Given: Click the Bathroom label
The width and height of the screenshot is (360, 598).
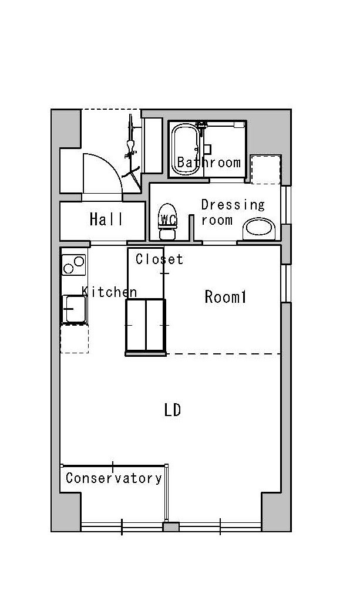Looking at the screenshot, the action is [x=209, y=163].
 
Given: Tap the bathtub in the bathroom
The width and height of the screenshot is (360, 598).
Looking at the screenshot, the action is [x=185, y=150].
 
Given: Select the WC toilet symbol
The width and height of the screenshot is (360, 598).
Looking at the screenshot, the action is [x=167, y=221].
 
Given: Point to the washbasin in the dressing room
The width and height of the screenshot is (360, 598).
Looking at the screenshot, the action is [x=259, y=228].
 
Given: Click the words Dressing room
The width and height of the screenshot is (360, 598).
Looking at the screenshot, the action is [x=233, y=212].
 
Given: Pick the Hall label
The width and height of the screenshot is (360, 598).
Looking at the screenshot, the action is [x=106, y=219].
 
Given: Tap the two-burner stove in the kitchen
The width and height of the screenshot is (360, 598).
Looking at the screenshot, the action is [x=73, y=265].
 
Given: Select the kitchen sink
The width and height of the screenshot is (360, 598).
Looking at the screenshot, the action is [x=75, y=309].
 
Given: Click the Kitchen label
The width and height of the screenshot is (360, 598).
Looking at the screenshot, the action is [x=109, y=292].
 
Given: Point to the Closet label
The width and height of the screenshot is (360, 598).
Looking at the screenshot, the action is [x=159, y=259].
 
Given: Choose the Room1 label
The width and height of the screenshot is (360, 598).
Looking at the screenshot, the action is [x=226, y=297].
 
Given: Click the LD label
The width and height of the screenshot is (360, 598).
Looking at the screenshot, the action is [x=172, y=410].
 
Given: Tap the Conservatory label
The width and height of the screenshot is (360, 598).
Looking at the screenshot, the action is [x=113, y=478].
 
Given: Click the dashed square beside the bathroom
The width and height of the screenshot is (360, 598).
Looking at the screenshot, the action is [x=265, y=170].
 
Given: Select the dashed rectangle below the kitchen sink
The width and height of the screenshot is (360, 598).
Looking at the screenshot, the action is [x=75, y=339].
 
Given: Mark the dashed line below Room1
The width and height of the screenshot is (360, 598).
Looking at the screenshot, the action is [x=224, y=354].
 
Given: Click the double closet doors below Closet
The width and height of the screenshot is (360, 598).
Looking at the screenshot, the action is [x=146, y=326].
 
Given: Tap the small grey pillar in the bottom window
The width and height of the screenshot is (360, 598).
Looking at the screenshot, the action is [x=171, y=526].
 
